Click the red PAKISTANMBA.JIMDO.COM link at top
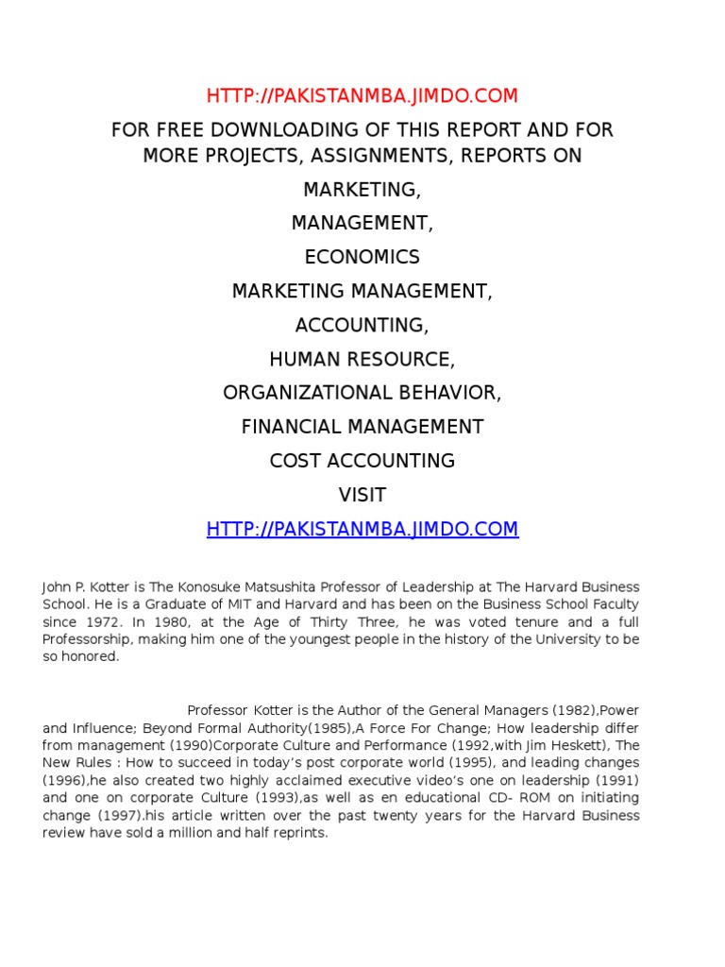(362, 95)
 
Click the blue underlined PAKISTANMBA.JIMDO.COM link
(362, 529)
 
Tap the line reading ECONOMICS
(362, 258)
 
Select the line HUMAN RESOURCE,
(362, 360)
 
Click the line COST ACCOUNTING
(362, 462)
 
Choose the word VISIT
(362, 496)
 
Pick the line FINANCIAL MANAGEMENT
(362, 428)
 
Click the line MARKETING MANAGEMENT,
(362, 292)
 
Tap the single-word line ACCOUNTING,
(362, 326)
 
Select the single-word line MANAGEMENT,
(362, 224)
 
